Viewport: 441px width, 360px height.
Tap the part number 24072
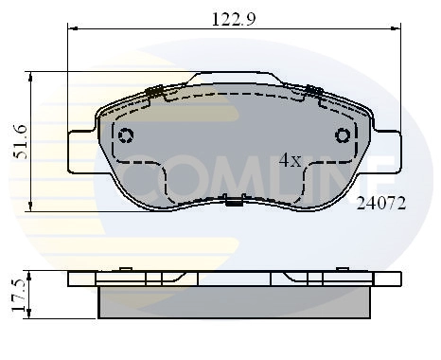click(380, 203)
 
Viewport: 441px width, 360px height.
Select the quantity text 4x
click(290, 161)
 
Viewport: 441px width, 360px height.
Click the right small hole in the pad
click(342, 135)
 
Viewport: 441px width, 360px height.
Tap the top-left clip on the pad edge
click(156, 92)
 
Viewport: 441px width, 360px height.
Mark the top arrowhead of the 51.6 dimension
click(31, 74)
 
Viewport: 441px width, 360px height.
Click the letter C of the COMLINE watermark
click(142, 161)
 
